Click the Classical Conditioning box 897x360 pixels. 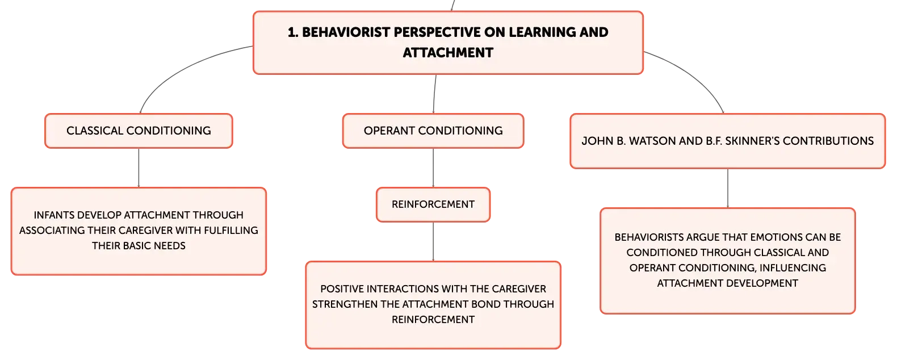(139, 131)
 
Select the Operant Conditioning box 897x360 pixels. (433, 131)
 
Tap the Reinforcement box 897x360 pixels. (433, 204)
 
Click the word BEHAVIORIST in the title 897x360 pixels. (346, 32)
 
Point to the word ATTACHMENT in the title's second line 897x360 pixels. (448, 53)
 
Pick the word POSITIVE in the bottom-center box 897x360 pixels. (342, 288)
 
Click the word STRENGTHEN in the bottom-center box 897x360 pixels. (345, 304)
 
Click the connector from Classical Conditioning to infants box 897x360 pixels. (139, 168)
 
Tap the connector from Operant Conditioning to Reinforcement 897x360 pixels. (433, 168)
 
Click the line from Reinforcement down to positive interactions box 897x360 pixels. (433, 242)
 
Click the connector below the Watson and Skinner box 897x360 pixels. (728, 188)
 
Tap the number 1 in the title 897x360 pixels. (291, 32)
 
